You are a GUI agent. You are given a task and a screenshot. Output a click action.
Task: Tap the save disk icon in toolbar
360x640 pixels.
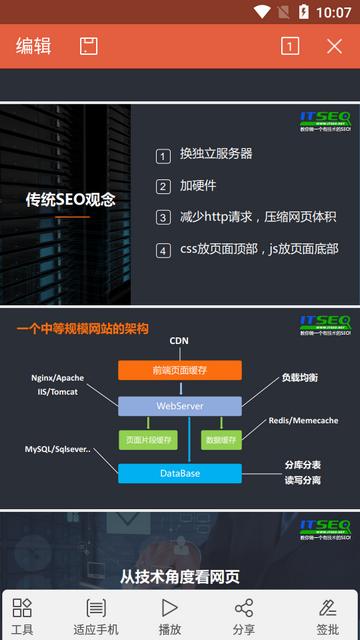coord(89,46)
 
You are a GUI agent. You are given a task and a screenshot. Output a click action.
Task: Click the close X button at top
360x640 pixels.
coord(334,46)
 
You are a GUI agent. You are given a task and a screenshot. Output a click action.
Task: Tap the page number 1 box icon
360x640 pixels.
coord(290,46)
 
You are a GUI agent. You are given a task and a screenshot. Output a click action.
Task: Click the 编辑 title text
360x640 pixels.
coord(34,46)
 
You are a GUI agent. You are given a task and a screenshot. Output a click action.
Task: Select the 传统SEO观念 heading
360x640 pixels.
coord(71,199)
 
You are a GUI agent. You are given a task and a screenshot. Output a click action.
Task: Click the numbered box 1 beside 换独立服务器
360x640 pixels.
coord(163,156)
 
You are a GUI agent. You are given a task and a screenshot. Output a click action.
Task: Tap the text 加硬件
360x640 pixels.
coord(198,186)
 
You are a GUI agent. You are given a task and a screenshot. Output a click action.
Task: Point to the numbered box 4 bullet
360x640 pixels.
coord(163,250)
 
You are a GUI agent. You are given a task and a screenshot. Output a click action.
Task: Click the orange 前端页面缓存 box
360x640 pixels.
coord(179,371)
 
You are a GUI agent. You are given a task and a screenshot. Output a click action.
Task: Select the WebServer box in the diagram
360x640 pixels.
coord(180,406)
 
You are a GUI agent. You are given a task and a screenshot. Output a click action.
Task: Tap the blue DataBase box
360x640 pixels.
coord(180,473)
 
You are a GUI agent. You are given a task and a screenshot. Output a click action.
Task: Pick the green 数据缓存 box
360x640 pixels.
coord(220,440)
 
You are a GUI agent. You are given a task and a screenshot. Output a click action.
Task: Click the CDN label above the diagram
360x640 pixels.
coord(179,341)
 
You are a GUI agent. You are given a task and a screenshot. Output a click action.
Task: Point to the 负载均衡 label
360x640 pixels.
coord(299,378)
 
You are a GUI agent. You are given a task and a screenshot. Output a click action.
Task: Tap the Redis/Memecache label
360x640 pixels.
coord(303,421)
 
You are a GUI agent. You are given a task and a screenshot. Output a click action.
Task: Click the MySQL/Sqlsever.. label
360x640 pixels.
coord(58,451)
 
